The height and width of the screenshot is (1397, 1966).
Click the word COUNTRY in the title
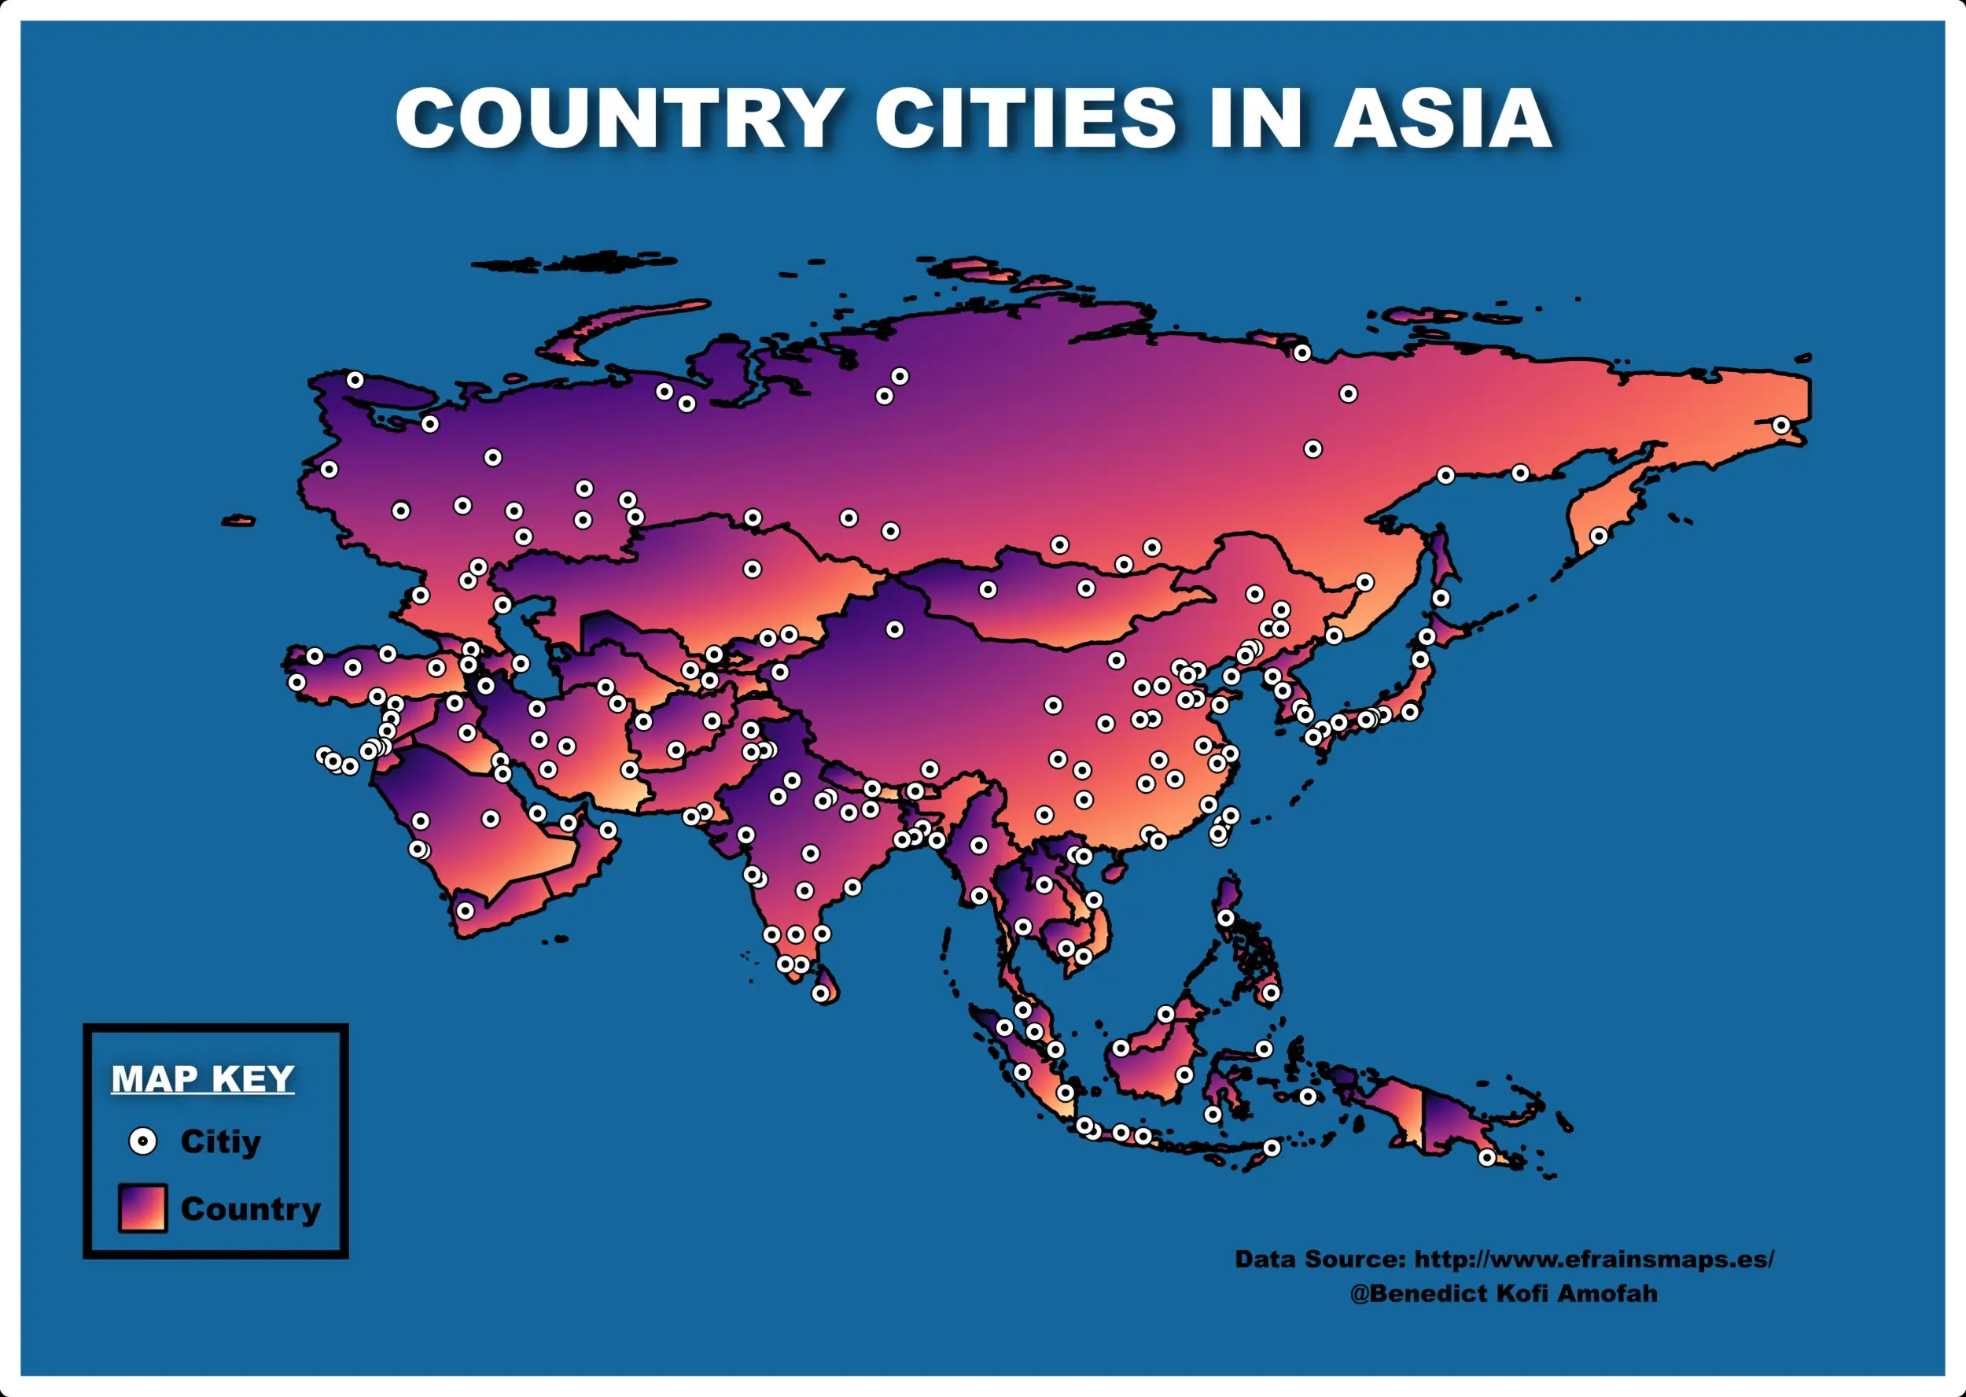(617, 118)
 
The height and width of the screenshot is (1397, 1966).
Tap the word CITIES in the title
(1025, 118)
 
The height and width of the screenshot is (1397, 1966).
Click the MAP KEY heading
(203, 1078)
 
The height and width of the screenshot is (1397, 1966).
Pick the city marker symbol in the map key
(143, 1141)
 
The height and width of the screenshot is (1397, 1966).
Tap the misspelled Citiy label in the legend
(220, 1141)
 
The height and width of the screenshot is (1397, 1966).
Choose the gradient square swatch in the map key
(143, 1207)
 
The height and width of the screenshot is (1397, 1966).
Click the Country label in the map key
(250, 1209)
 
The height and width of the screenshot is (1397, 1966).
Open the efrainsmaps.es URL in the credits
(1593, 1259)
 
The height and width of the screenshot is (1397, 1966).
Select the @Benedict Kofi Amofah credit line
(1504, 1294)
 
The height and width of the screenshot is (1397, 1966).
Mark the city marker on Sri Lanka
(821, 993)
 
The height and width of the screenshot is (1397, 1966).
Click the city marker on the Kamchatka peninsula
(1599, 536)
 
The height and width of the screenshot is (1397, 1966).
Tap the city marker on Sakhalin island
(1441, 598)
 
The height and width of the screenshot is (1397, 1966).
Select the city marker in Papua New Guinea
(1487, 1158)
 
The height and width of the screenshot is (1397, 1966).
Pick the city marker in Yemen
(466, 910)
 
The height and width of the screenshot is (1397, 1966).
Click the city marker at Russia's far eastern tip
(1781, 426)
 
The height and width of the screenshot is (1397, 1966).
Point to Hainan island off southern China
(1114, 874)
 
